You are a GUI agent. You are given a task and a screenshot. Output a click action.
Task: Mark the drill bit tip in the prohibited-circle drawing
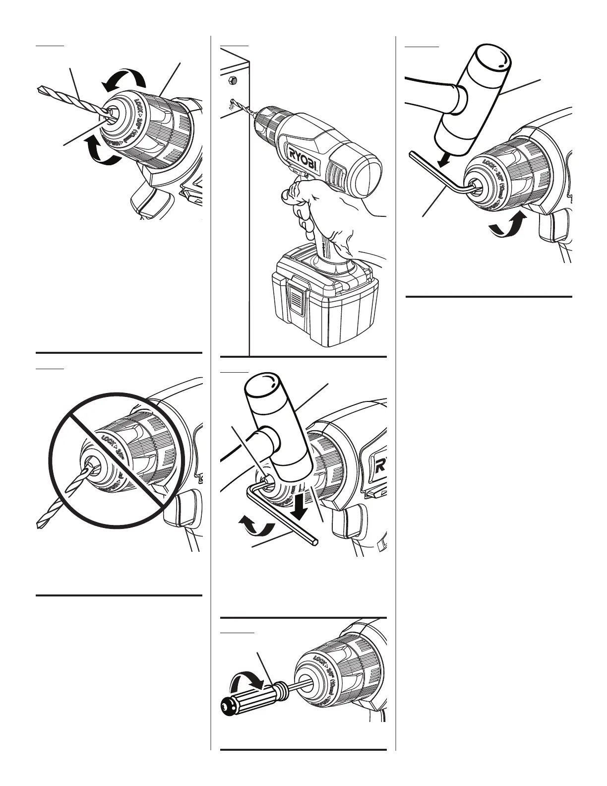(41, 524)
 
